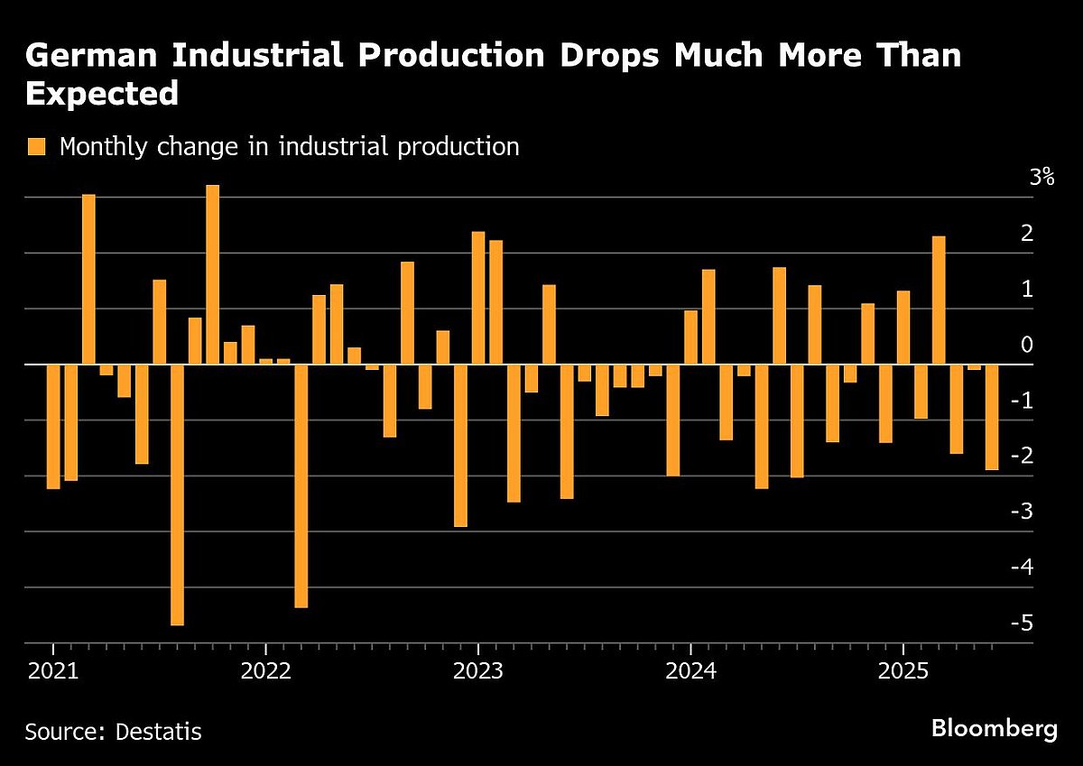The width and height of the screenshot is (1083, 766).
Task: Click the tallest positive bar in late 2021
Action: coord(213,274)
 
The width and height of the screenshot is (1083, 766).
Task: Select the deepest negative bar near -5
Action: coord(177,494)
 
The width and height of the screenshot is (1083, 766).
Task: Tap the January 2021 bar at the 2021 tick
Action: coord(53,426)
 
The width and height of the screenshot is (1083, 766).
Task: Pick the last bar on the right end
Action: coord(992,417)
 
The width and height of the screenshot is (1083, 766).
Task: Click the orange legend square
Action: coord(36,147)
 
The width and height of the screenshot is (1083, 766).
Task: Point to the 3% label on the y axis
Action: coord(1041,177)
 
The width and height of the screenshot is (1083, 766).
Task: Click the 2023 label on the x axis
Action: coord(477,672)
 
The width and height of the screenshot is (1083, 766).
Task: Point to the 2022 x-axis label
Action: coord(265,672)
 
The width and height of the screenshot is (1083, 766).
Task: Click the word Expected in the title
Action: coord(102,94)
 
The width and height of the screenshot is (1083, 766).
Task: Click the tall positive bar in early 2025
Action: coord(939,300)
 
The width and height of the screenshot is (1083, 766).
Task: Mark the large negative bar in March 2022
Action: coord(301,485)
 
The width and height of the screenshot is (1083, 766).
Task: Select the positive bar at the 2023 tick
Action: coord(478,298)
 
